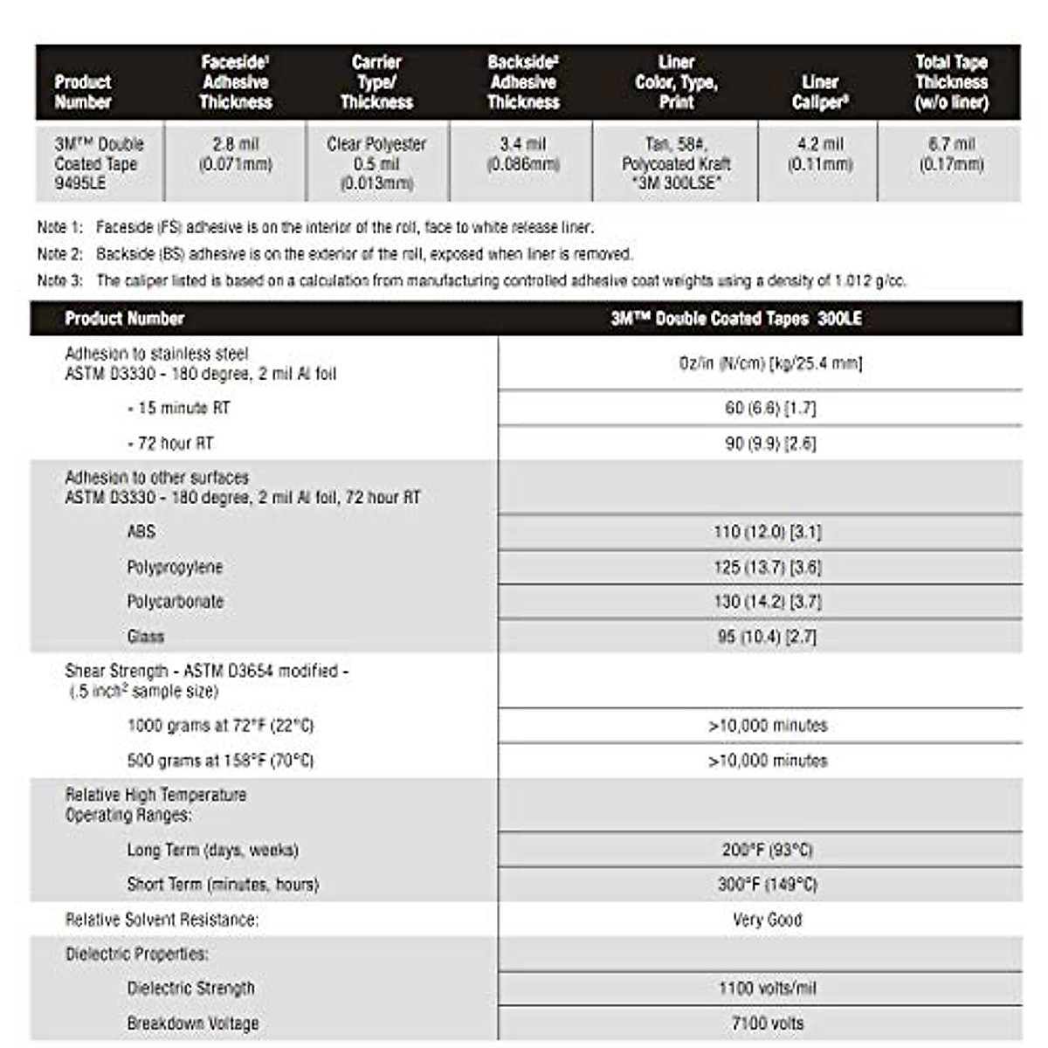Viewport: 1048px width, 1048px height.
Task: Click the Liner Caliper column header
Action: (819, 92)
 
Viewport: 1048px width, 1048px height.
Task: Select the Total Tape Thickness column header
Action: (951, 82)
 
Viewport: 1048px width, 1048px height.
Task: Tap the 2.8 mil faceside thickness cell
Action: (235, 154)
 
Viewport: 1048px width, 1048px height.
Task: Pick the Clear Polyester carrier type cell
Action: (376, 163)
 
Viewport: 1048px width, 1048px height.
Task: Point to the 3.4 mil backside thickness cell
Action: (522, 154)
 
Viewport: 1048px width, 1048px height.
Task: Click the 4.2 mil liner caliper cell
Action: (819, 154)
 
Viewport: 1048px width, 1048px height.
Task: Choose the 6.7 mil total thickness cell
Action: (951, 154)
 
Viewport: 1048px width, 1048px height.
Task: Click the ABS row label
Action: (141, 531)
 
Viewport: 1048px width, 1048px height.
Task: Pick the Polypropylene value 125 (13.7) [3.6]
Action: (767, 567)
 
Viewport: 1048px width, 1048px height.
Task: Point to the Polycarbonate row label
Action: (175, 602)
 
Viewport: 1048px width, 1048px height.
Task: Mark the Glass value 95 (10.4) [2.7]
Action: (767, 637)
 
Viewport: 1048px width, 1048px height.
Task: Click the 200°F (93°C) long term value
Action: (767, 850)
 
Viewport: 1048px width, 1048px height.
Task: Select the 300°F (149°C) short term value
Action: (767, 885)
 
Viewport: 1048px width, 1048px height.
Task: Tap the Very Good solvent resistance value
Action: (767, 920)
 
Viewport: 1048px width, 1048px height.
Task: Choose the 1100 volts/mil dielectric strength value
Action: (767, 989)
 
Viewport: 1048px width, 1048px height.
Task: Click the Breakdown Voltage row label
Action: (192, 1024)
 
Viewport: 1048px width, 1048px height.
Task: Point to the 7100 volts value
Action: (767, 1024)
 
